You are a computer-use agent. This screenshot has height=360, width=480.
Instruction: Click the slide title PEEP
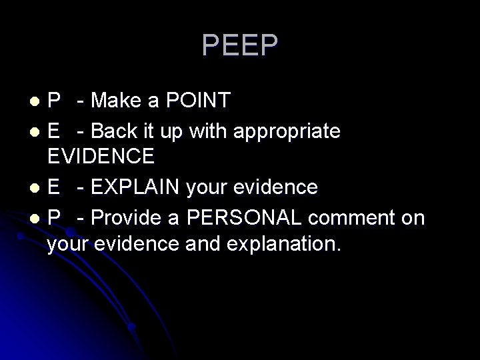pyautogui.click(x=240, y=46)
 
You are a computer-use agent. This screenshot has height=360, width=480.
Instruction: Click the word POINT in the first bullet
pyautogui.click(x=199, y=101)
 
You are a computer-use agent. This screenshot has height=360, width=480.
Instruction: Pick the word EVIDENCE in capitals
pyautogui.click(x=101, y=157)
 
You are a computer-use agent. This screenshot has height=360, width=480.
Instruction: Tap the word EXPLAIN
pyautogui.click(x=145, y=187)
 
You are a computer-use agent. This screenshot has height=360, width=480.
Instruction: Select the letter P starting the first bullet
pyautogui.click(x=54, y=101)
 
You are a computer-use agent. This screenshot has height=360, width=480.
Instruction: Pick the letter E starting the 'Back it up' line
pyautogui.click(x=54, y=131)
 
